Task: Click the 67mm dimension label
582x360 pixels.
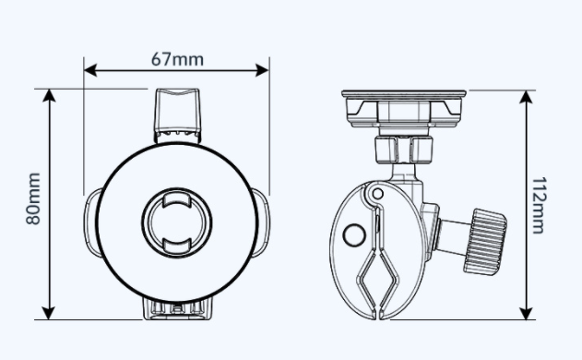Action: (x=177, y=59)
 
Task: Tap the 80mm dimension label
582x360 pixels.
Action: (x=33, y=198)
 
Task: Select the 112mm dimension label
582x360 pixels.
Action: (x=539, y=205)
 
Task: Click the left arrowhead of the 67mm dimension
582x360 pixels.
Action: (x=90, y=70)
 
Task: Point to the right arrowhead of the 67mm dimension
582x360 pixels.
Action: (x=263, y=70)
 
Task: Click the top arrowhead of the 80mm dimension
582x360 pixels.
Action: (x=49, y=95)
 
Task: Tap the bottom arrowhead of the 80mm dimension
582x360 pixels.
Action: (x=49, y=313)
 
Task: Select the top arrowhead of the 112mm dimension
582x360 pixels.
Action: (x=526, y=97)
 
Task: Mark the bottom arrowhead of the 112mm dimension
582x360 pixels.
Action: (x=526, y=314)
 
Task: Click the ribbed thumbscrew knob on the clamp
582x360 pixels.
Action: (x=485, y=242)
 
